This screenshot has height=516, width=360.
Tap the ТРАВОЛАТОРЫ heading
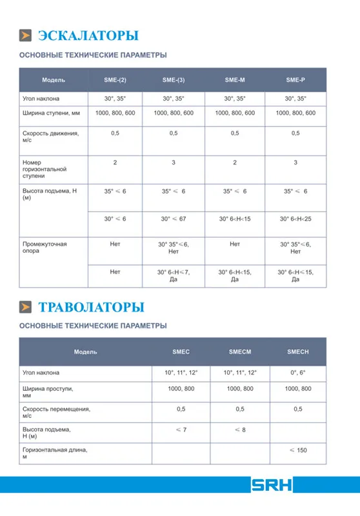coord(92,306)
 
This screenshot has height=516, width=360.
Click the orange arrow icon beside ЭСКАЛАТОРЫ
coord(26,35)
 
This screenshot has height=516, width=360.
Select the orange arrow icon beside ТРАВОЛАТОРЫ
coord(26,306)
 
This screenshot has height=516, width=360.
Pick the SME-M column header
coord(234,80)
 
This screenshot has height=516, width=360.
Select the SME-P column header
coord(295,80)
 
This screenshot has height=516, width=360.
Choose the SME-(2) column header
coord(115,80)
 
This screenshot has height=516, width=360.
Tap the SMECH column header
coord(297,352)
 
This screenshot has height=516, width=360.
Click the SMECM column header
coord(240,352)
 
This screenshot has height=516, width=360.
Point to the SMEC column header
coord(181,352)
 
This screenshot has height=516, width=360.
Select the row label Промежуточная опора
coord(45,248)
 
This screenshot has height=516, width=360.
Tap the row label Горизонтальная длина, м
coord(54,453)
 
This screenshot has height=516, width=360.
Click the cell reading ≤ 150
coord(297,450)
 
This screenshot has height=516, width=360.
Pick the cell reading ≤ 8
coord(240,430)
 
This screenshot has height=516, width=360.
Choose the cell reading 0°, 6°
coord(297,373)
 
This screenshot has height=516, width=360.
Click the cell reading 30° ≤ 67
coord(174,219)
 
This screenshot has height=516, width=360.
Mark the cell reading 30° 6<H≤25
coord(295,219)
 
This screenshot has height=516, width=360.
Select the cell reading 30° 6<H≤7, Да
coord(174,275)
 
